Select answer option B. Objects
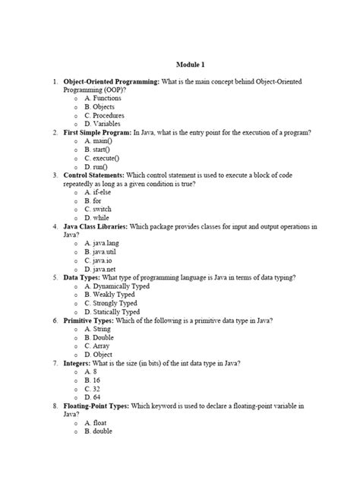coord(101,106)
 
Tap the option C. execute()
coord(104,158)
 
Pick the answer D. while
coord(98,217)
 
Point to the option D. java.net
coord(103,269)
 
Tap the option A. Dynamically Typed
coord(120,286)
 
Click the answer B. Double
coord(100,336)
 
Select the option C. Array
coord(99,346)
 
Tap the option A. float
coord(98,422)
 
